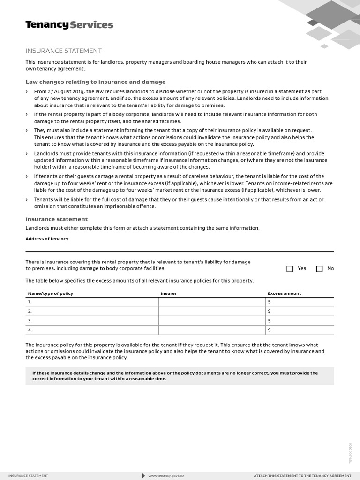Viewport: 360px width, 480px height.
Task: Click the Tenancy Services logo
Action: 69,25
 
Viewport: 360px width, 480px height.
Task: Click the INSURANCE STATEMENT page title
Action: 63,51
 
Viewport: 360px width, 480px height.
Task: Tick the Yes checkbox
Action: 290,269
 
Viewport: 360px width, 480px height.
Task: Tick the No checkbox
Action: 320,269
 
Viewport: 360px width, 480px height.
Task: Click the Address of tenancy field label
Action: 47,239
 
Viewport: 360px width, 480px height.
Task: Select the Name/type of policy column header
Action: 51,293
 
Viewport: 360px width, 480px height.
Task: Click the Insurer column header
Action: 169,293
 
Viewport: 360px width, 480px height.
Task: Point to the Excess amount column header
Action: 284,293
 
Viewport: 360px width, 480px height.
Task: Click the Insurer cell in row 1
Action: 212,302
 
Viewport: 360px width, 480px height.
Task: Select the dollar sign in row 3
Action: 269,321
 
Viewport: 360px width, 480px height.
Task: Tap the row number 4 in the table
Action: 30,330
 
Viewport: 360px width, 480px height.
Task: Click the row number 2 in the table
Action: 30,311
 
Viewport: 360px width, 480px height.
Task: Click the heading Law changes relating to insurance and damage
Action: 96,82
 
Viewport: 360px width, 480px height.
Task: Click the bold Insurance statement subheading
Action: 57,219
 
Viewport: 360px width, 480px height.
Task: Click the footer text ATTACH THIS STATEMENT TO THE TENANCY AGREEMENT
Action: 302,476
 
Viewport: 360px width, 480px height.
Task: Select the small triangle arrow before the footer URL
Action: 143,476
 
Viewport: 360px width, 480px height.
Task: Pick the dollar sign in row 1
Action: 269,302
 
